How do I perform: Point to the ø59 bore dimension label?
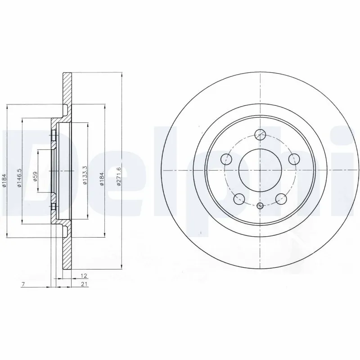(x=35, y=176)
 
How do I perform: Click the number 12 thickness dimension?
(x=84, y=275)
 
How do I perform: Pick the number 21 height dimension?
(x=84, y=284)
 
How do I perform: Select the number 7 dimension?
(x=23, y=284)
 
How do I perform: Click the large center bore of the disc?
(x=260, y=171)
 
